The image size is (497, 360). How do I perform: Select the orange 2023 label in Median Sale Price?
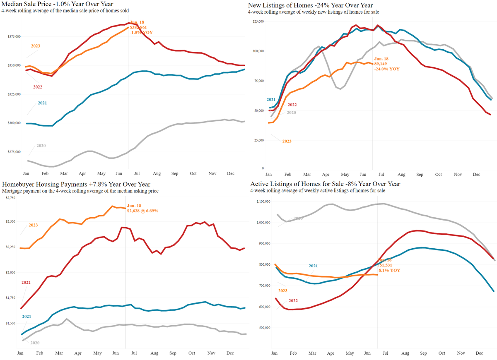tap(35, 46)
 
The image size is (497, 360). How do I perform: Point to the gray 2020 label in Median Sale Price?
tap(41, 146)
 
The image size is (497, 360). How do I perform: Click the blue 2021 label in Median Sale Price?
tap(42, 103)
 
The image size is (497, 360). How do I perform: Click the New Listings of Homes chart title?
tap(310, 5)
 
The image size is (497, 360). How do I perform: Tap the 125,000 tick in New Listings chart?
tap(258, 21)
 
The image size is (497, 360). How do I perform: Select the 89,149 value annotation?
tap(381, 64)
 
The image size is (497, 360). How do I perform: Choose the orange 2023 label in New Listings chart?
tap(287, 141)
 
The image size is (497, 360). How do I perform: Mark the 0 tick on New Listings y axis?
tap(263, 168)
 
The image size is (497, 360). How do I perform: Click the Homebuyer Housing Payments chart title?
tap(76, 184)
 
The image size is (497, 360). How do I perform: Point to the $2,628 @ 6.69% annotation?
tap(143, 211)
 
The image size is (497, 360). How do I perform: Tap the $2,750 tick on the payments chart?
tap(10, 199)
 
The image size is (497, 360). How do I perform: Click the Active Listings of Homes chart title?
tap(325, 184)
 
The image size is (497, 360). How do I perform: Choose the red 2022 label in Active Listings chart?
tap(292, 301)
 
